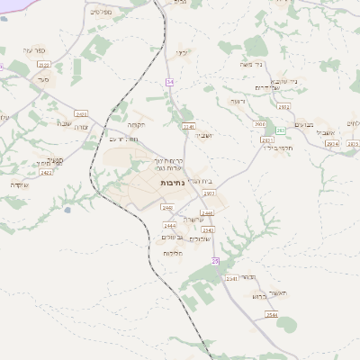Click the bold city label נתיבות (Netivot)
[x=173, y=182]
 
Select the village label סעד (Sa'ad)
[x=42, y=81]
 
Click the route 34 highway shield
[x=169, y=82]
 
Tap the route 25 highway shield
[x=215, y=261]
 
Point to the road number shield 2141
[x=189, y=127]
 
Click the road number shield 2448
[x=167, y=208]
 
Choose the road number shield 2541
[x=231, y=279]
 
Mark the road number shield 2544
[x=272, y=315]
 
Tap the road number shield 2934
[x=332, y=143]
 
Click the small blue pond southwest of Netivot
[x=67, y=210]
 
